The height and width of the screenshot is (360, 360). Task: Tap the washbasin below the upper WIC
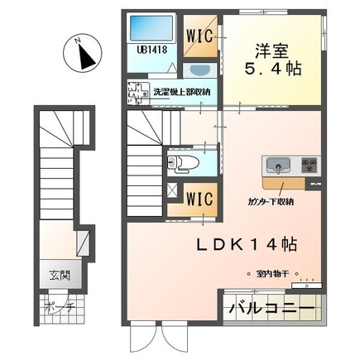[199, 71]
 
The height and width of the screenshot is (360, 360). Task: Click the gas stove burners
[310, 164]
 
